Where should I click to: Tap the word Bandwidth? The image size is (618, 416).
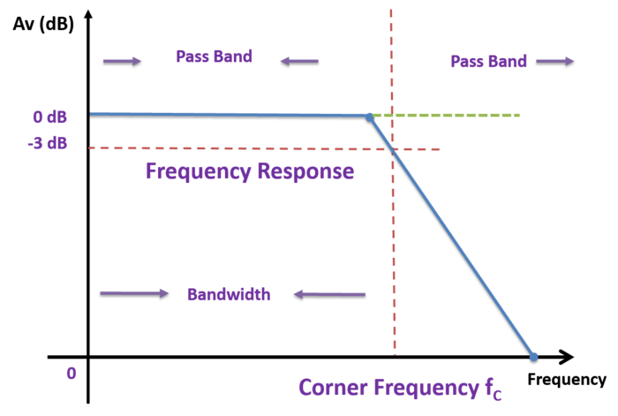point(228,294)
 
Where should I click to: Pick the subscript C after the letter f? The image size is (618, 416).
point(497,396)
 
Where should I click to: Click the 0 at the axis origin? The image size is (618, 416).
point(72,373)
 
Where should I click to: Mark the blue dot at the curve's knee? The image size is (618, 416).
point(369,116)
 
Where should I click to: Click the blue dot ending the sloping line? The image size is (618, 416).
point(533,357)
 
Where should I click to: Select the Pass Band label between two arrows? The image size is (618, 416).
point(214,57)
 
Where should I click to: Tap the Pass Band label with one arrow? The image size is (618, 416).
point(488,61)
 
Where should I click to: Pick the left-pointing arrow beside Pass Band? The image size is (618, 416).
point(298,61)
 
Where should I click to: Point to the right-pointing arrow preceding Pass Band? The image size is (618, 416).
point(122,61)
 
